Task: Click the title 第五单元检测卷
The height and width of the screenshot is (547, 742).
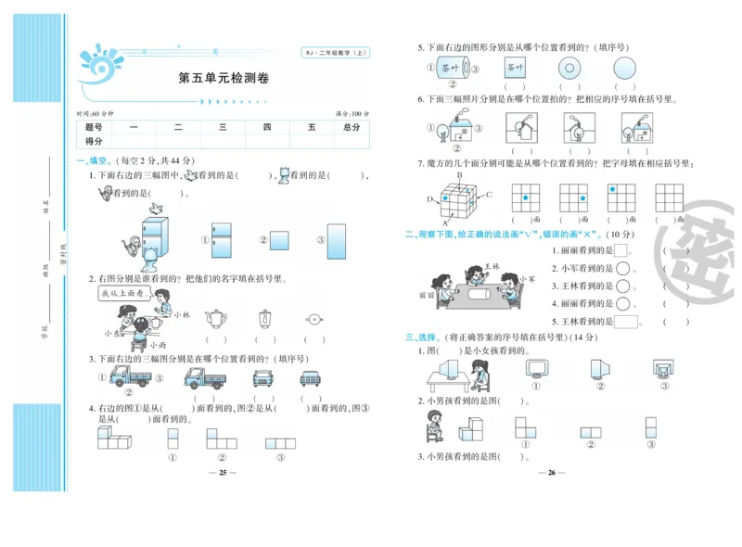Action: click(x=223, y=78)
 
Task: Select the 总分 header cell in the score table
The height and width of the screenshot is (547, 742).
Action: click(x=351, y=127)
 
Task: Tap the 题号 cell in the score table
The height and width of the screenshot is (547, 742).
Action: click(x=94, y=127)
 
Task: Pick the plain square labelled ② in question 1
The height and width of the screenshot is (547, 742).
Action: click(x=281, y=239)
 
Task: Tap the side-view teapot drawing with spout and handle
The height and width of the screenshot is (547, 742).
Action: click(x=215, y=319)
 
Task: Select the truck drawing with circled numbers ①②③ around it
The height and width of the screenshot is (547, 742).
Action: click(x=129, y=376)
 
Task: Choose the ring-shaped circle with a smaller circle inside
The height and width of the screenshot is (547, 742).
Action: click(x=569, y=68)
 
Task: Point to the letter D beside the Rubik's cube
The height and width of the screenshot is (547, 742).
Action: click(x=429, y=199)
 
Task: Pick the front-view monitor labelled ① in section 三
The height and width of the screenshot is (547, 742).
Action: click(x=538, y=369)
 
